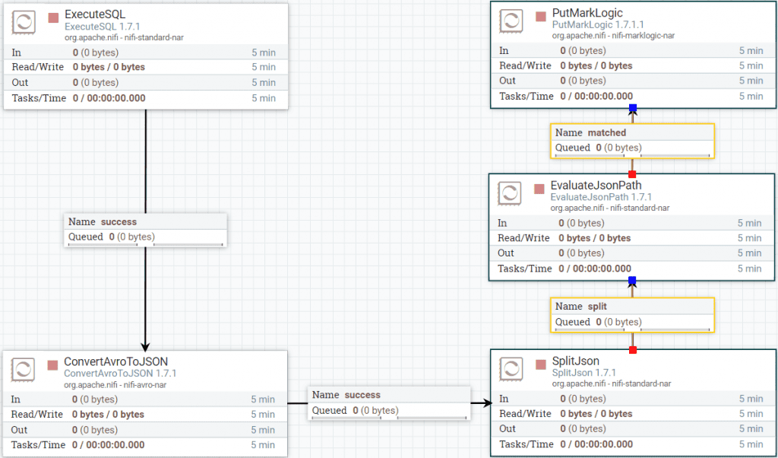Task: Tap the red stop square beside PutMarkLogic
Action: click(541, 17)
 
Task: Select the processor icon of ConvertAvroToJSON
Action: click(23, 369)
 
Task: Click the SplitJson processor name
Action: click(576, 361)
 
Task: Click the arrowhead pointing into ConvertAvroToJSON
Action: click(145, 347)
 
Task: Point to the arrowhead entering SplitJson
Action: click(488, 403)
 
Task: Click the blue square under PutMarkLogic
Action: click(633, 107)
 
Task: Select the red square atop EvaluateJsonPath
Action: click(632, 174)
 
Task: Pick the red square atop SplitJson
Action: click(633, 350)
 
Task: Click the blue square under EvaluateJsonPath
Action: click(632, 281)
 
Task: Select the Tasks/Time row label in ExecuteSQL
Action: click(39, 98)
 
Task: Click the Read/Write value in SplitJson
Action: click(596, 414)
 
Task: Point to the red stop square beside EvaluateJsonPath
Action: click(539, 189)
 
